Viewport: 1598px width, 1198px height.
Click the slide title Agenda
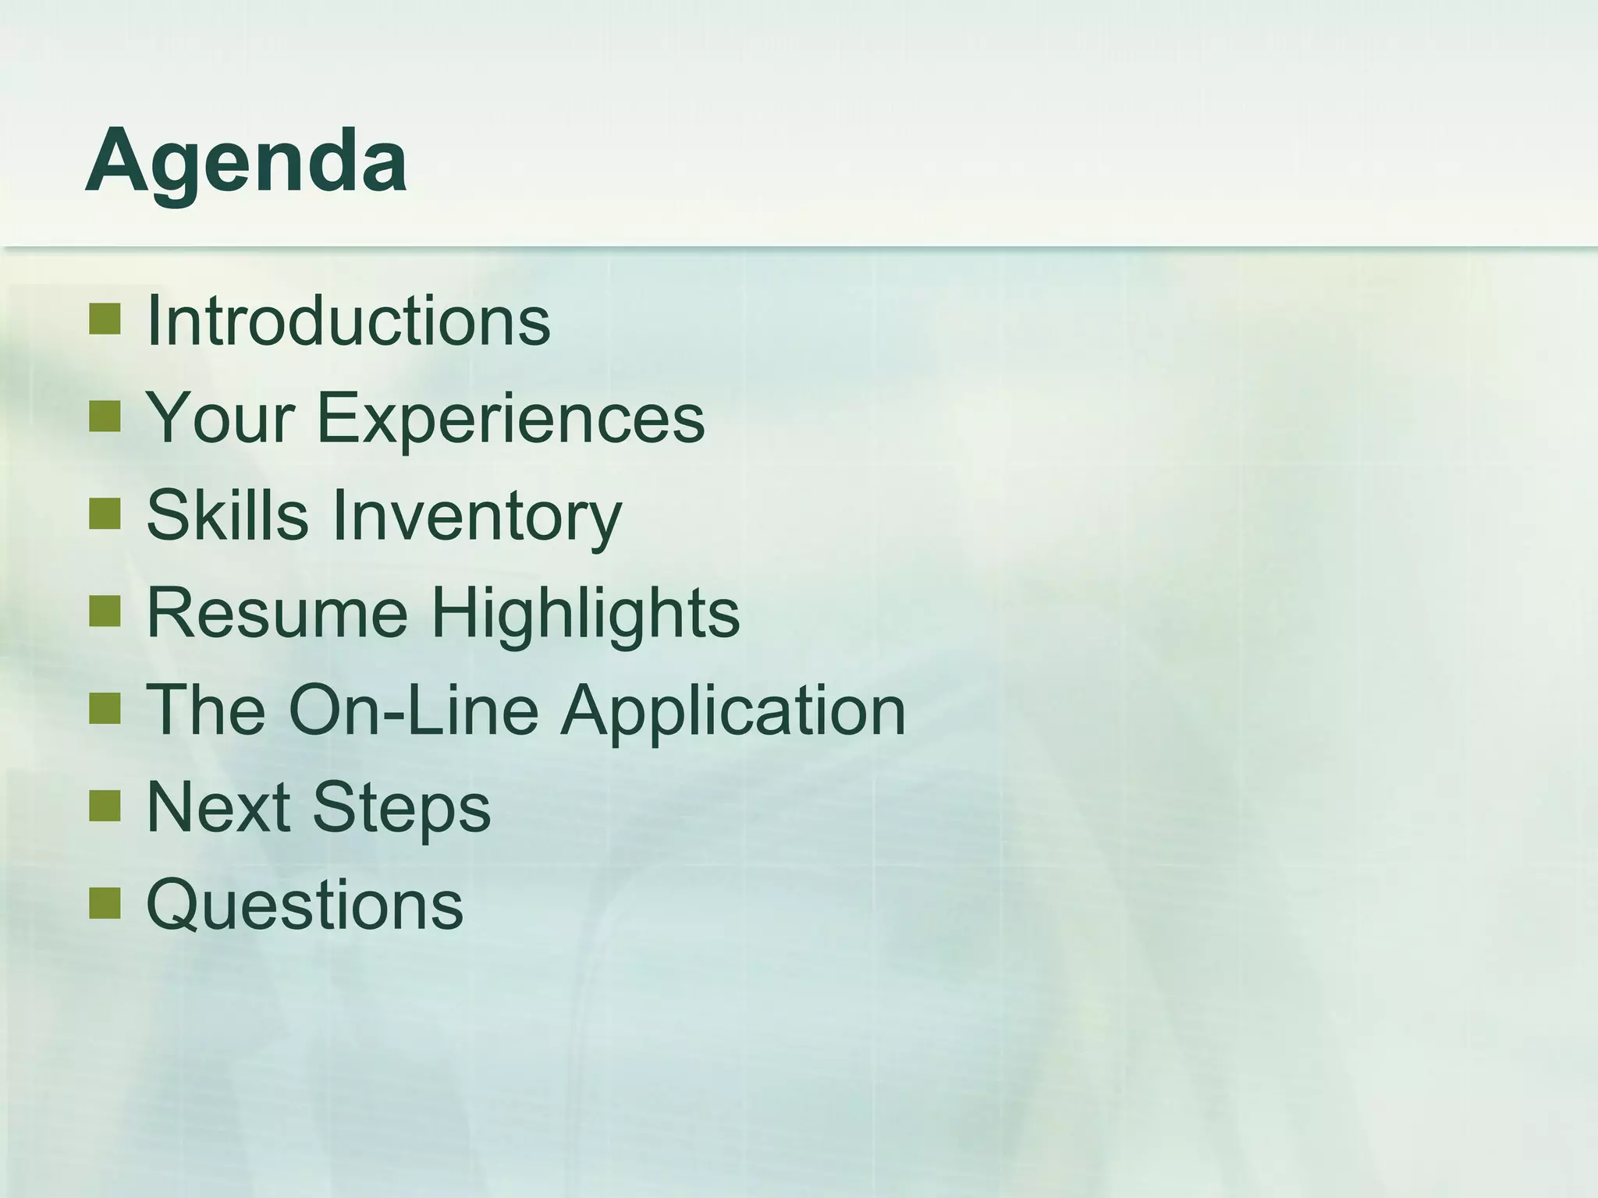(247, 162)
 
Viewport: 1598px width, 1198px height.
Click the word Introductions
(348, 321)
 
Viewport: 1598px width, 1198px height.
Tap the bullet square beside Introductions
(105, 319)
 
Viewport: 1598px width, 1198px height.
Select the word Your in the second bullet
(221, 417)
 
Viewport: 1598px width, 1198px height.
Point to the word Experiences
(510, 419)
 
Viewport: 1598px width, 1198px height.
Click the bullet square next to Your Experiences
(105, 416)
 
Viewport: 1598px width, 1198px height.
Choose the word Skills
(227, 515)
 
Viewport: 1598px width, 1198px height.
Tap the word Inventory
(478, 516)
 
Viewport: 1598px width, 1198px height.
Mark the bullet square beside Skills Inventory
(105, 514)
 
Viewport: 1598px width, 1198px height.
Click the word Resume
(277, 612)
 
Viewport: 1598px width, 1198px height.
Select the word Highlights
(585, 614)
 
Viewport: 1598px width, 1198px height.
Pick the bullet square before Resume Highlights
(105, 611)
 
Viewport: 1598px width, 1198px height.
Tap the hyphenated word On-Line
(414, 710)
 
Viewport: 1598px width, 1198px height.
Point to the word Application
(733, 711)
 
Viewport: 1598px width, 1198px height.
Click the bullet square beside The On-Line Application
(105, 709)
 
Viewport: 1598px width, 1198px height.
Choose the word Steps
(402, 809)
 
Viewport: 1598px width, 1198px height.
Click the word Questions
(305, 905)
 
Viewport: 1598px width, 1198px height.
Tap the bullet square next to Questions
(105, 903)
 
